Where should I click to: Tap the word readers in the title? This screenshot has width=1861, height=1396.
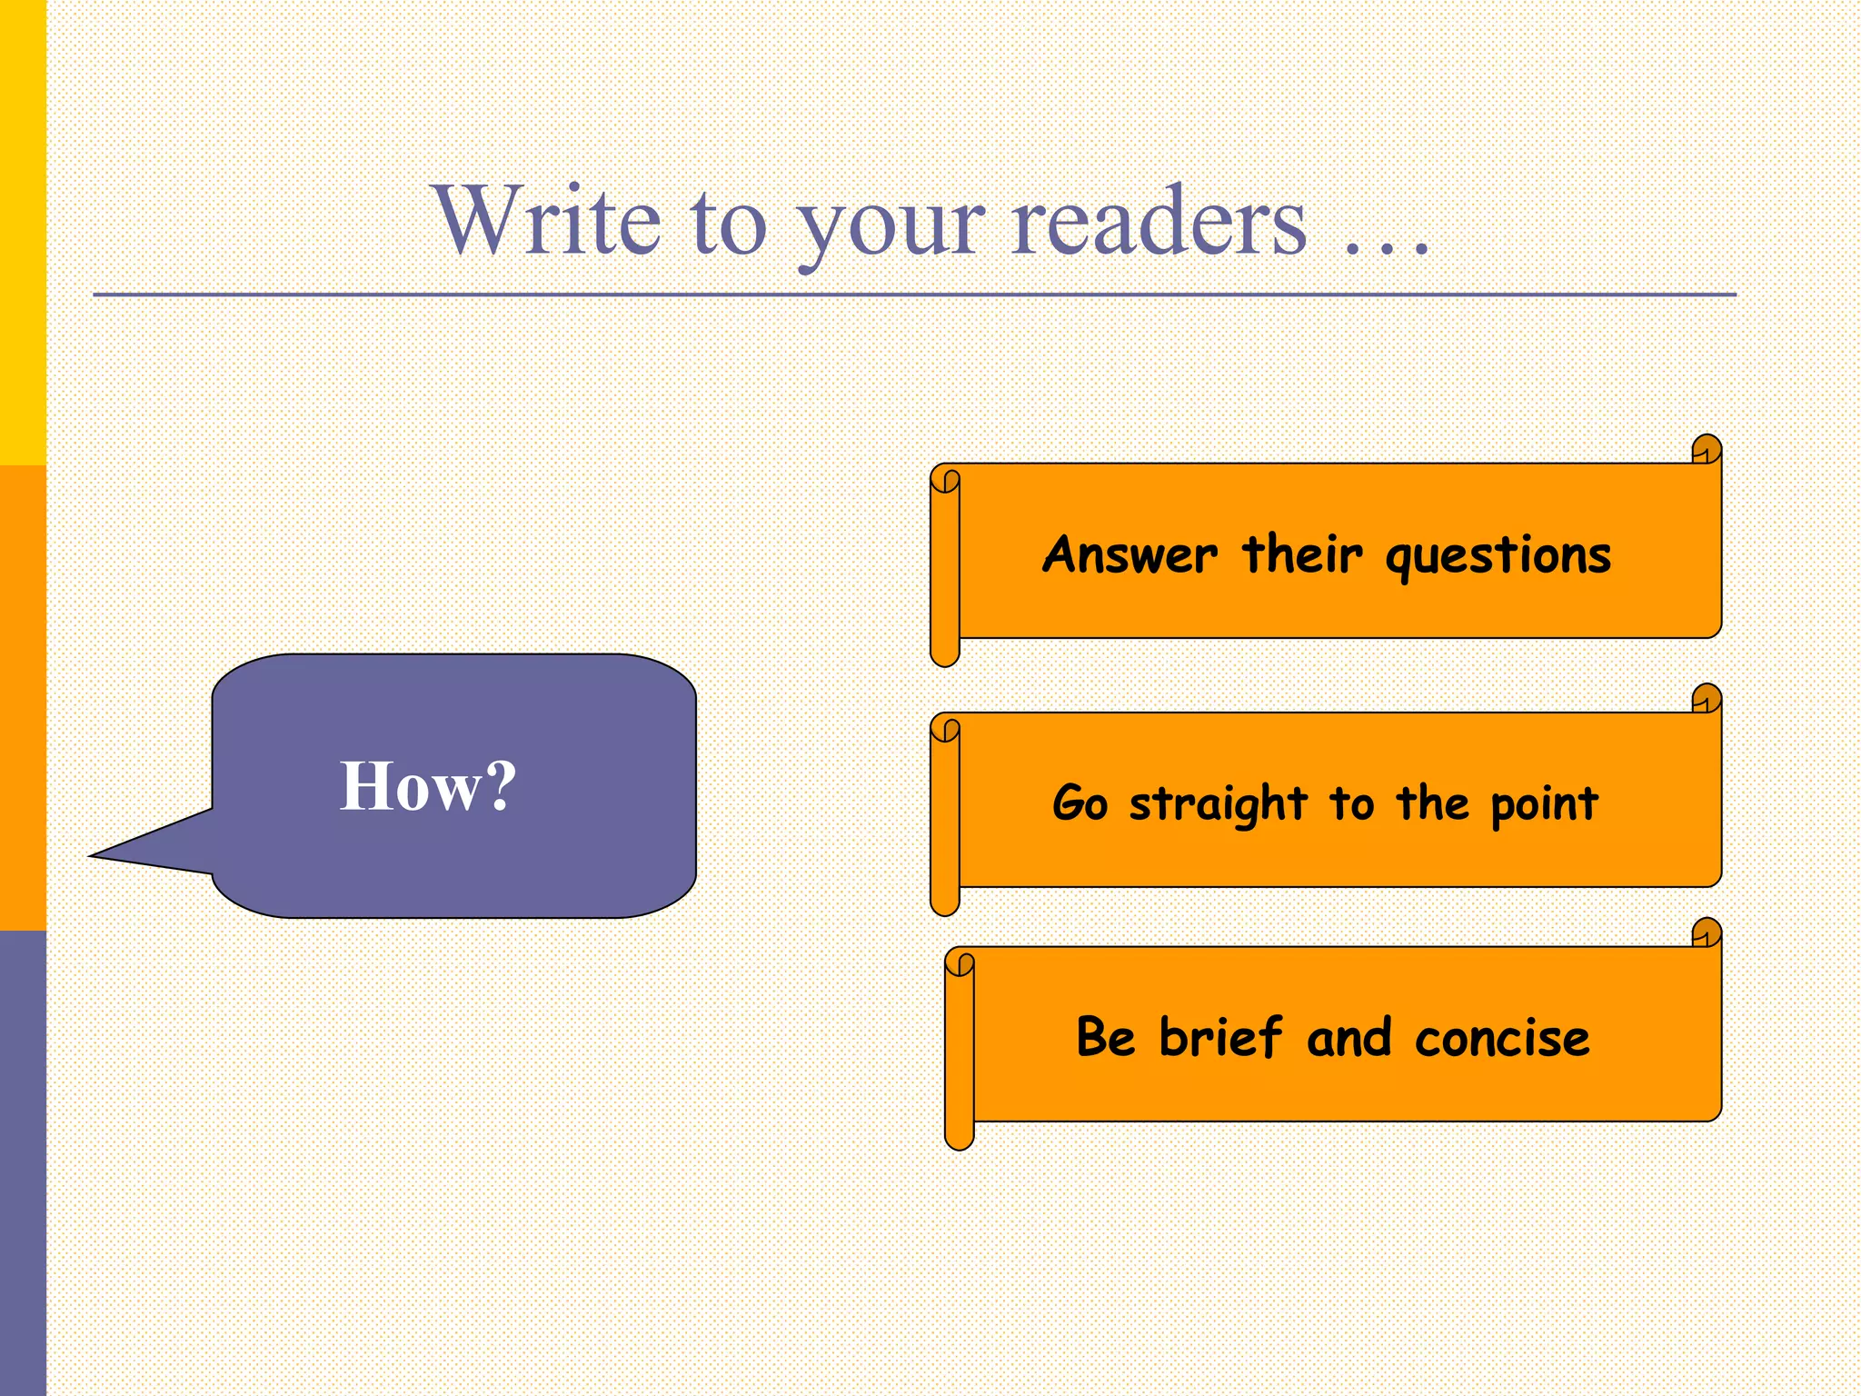pos(1159,222)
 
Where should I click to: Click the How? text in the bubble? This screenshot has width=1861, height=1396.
pos(428,786)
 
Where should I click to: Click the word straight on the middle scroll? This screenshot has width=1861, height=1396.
pos(1218,805)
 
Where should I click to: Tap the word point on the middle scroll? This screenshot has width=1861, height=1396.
pos(1544,805)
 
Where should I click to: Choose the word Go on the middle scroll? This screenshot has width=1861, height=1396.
pos(1080,803)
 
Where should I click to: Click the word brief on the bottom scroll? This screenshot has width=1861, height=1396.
pos(1220,1037)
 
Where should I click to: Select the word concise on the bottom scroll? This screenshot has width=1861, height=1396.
pos(1501,1039)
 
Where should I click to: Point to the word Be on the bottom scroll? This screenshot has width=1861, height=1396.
pos(1105,1037)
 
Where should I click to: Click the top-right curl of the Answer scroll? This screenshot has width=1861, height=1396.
pos(1707,450)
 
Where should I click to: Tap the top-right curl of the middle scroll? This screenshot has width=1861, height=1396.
pos(1707,699)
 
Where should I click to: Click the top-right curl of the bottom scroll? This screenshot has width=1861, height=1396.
pos(1707,932)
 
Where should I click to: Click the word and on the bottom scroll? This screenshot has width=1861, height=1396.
pos(1348,1039)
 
